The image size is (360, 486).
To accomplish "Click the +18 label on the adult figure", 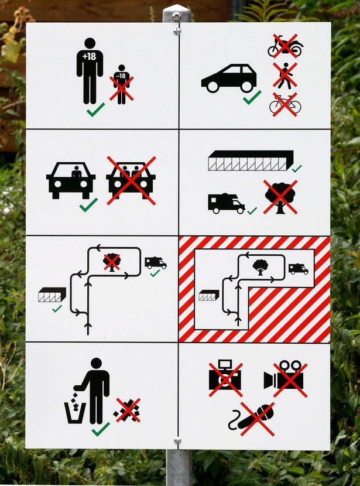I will [90, 56].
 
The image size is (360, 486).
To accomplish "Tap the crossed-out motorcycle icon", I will [285, 47].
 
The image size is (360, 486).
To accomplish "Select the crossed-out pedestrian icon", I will [285, 76].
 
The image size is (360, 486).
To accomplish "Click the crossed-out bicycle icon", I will [285, 105].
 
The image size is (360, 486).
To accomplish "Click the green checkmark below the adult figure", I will [95, 109].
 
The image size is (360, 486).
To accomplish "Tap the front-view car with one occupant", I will [71, 180].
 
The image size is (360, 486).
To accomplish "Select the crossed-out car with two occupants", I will [131, 180].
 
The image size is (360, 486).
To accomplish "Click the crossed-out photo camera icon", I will [225, 379].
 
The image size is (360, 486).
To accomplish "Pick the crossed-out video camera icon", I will [285, 378].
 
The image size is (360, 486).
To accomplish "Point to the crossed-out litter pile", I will [128, 410].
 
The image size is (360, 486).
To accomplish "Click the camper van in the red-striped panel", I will [298, 269].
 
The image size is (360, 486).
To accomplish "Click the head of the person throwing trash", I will [97, 364].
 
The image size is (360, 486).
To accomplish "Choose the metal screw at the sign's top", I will [177, 18].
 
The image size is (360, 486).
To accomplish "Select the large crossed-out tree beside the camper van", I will [280, 197].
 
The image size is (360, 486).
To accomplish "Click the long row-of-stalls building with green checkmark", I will [250, 160].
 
